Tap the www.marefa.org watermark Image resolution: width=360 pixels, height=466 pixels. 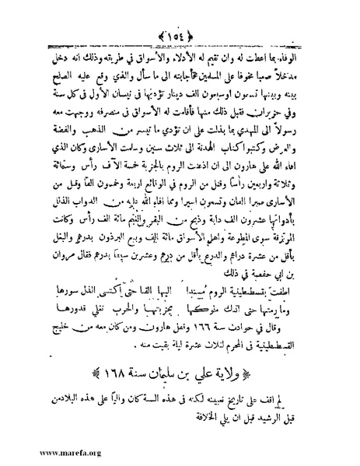click(x=38, y=450)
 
